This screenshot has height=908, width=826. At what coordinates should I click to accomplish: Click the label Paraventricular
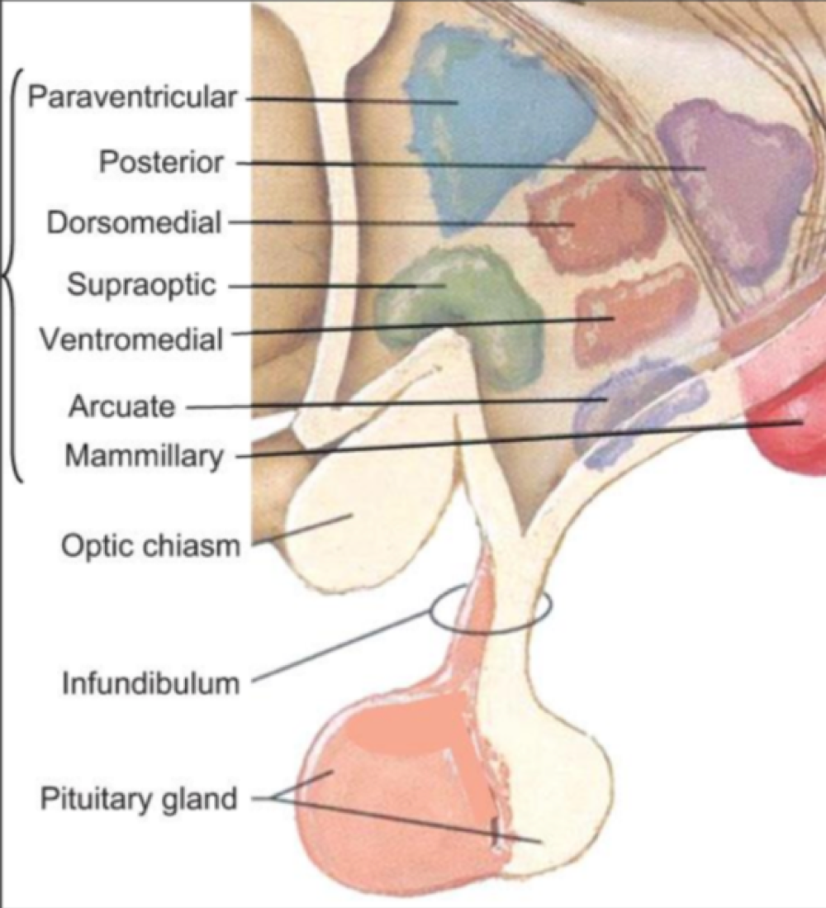[132, 98]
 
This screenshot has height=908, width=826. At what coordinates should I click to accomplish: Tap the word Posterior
[161, 162]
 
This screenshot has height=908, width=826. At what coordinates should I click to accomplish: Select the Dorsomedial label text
[135, 222]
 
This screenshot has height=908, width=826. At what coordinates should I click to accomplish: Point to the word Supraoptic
[141, 286]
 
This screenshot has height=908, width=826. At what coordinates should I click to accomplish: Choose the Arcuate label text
[122, 406]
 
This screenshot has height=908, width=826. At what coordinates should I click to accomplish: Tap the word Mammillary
[145, 455]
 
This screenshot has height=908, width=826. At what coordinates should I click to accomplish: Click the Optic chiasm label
[150, 546]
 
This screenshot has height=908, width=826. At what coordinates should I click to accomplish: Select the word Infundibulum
[151, 683]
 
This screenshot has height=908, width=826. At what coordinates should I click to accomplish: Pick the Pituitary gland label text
[139, 799]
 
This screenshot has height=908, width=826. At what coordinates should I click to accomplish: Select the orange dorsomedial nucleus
[595, 219]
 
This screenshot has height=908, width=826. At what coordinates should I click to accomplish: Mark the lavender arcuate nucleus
[628, 405]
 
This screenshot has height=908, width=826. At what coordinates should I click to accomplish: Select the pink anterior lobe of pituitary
[380, 793]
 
